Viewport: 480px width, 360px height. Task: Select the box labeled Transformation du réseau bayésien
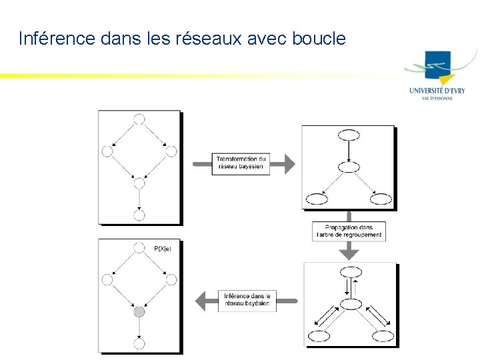point(241,164)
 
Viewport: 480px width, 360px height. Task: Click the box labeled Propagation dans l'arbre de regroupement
point(348,231)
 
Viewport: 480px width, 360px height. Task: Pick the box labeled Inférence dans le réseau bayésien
point(247,301)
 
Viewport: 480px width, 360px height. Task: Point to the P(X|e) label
point(163,249)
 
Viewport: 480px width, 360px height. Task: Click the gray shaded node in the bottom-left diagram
point(139,311)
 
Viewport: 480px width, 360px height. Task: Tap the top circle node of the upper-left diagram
point(139,119)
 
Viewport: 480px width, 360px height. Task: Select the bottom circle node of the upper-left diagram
point(139,215)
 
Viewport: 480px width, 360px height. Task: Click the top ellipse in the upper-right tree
point(349,135)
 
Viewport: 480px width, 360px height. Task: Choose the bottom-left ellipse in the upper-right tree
point(316,199)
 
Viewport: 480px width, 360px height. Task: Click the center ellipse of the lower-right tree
point(351,305)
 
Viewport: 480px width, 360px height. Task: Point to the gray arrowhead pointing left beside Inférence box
point(201,301)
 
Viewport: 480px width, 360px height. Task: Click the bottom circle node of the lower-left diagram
point(139,343)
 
